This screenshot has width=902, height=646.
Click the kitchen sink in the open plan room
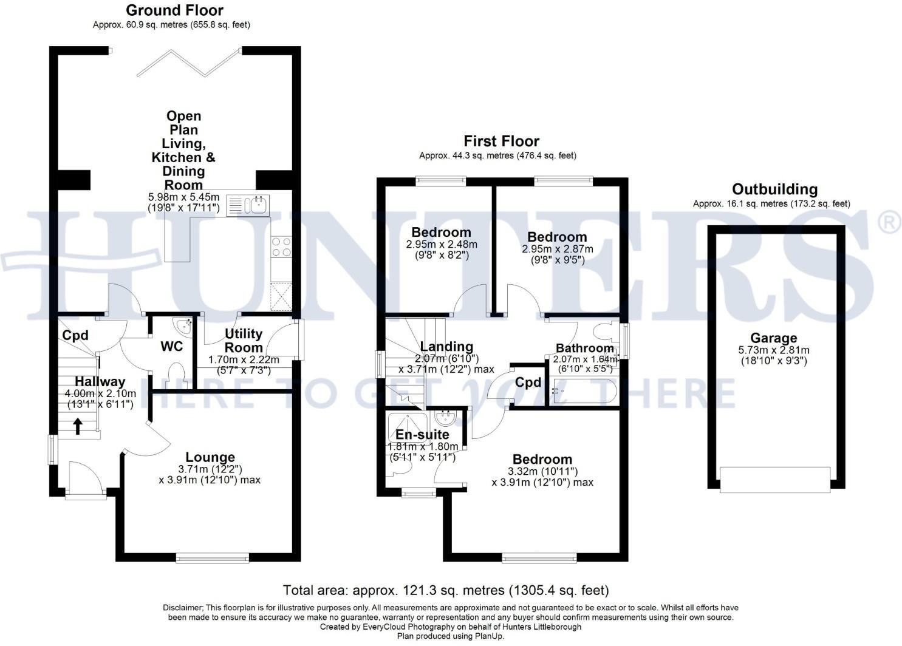coord(248,205)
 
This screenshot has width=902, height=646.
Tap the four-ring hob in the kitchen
coord(281,247)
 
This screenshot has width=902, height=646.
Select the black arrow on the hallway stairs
coord(78,426)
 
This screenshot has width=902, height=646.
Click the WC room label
coord(171,347)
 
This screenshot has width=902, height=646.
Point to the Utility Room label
coord(243,341)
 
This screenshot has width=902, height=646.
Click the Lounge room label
coord(210,457)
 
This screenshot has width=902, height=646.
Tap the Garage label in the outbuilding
coord(773,338)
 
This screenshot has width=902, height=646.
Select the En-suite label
coord(422,434)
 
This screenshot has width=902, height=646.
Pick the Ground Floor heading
coord(174,10)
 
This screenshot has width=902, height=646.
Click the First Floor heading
coord(501,141)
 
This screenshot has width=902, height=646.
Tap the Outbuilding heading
coord(774,189)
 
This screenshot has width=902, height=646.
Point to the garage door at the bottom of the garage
coord(774,479)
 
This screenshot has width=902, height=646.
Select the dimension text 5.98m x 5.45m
coord(183,197)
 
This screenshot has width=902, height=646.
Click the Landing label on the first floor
coord(446,347)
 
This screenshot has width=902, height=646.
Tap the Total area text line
coord(446,590)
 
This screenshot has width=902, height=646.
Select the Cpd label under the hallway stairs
coord(75,335)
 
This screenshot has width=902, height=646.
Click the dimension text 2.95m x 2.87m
coord(557,249)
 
